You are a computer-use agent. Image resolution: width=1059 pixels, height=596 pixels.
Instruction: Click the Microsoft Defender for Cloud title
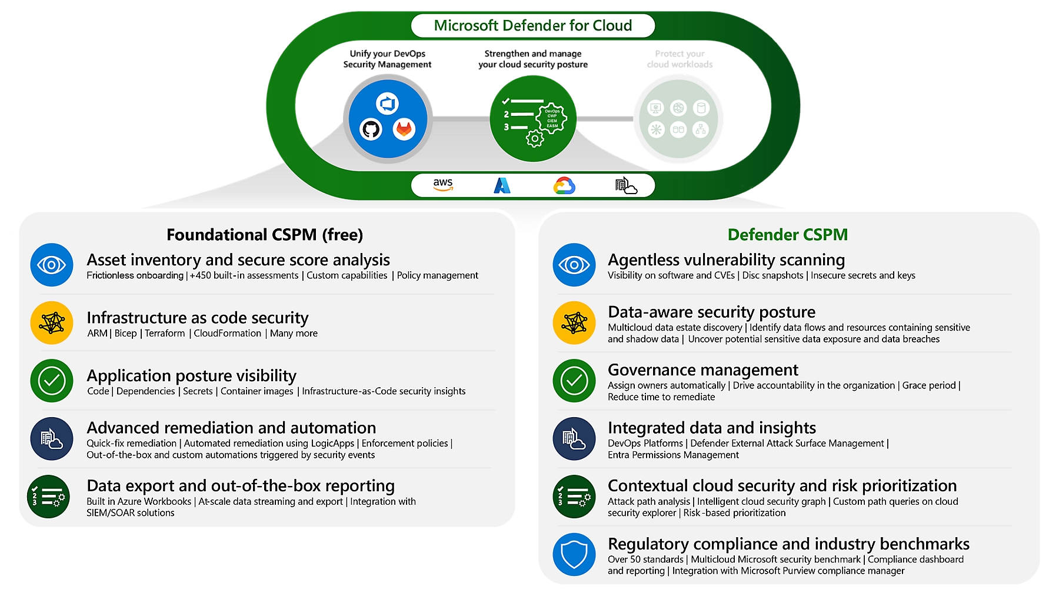pyautogui.click(x=532, y=25)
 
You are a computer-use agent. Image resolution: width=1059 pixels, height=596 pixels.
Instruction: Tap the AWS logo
pyautogui.click(x=443, y=185)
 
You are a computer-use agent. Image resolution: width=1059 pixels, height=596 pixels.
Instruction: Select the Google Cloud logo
pyautogui.click(x=564, y=186)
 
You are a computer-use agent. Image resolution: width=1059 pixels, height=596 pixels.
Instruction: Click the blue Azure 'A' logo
pyautogui.click(x=502, y=185)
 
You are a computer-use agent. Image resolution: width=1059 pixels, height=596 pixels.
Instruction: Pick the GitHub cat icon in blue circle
pyautogui.click(x=371, y=129)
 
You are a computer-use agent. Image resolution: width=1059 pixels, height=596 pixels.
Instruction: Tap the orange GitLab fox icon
pyautogui.click(x=404, y=129)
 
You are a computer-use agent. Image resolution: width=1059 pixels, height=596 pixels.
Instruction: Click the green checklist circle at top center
pyautogui.click(x=533, y=118)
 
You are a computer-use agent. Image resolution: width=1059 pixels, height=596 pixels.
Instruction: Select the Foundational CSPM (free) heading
pyautogui.click(x=265, y=235)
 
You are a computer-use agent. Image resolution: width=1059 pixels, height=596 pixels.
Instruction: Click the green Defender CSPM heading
pyautogui.click(x=787, y=235)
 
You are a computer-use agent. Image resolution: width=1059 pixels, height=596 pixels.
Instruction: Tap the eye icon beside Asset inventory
pyautogui.click(x=52, y=265)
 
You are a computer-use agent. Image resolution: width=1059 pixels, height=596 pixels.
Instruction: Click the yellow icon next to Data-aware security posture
pyautogui.click(x=574, y=322)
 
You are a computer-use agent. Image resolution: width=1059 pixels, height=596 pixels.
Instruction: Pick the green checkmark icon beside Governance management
pyautogui.click(x=574, y=381)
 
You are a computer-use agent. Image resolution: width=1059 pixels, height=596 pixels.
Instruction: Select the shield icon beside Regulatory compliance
pyautogui.click(x=574, y=554)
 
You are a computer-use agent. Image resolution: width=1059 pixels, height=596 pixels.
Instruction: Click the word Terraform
pyautogui.click(x=165, y=334)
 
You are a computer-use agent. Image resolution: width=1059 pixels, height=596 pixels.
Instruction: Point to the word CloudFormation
pyautogui.click(x=227, y=334)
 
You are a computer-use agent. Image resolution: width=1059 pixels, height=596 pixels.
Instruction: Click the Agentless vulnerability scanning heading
pyautogui.click(x=726, y=260)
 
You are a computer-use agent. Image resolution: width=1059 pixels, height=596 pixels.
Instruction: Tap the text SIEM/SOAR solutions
pyautogui.click(x=131, y=513)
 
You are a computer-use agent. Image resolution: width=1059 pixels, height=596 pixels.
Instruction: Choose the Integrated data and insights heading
pyautogui.click(x=711, y=428)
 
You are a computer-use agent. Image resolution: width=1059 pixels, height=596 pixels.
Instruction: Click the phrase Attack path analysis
pyautogui.click(x=648, y=502)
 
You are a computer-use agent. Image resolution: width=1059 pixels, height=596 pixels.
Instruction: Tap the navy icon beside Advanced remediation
pyautogui.click(x=52, y=439)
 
